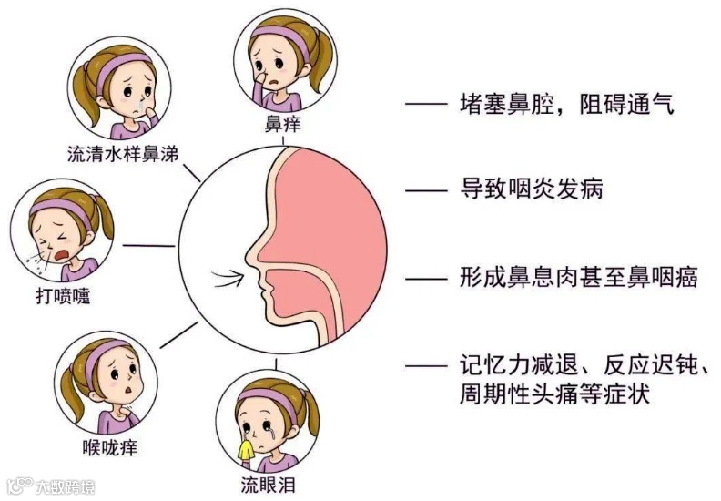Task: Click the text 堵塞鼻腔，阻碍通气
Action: pos(565,106)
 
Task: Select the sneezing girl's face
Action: pos(56,235)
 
